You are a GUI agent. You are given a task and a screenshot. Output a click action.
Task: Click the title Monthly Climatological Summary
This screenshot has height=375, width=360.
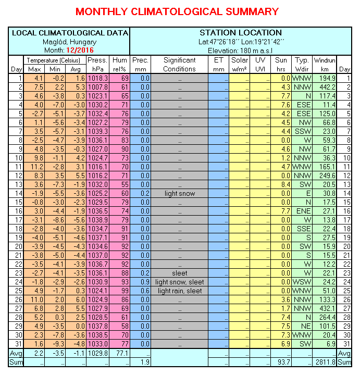click(177, 11)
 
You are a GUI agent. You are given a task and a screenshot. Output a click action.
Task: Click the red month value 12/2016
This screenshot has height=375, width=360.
click(80, 50)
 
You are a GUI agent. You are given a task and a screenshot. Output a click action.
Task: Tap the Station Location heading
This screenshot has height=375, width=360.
click(240, 33)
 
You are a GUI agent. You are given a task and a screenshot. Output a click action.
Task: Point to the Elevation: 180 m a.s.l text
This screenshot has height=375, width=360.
click(240, 50)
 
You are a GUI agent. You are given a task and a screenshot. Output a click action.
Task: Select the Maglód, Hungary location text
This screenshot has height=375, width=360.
click(69, 42)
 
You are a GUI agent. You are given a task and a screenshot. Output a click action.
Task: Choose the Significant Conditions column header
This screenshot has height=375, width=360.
click(180, 65)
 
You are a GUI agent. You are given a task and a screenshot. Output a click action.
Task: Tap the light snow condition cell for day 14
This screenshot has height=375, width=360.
click(180, 193)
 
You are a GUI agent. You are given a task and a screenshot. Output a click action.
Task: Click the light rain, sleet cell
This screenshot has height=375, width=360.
click(180, 291)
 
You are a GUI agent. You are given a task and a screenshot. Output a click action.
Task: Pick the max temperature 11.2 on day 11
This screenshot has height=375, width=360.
click(34, 167)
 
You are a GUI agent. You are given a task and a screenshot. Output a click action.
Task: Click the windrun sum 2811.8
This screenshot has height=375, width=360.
click(325, 362)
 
